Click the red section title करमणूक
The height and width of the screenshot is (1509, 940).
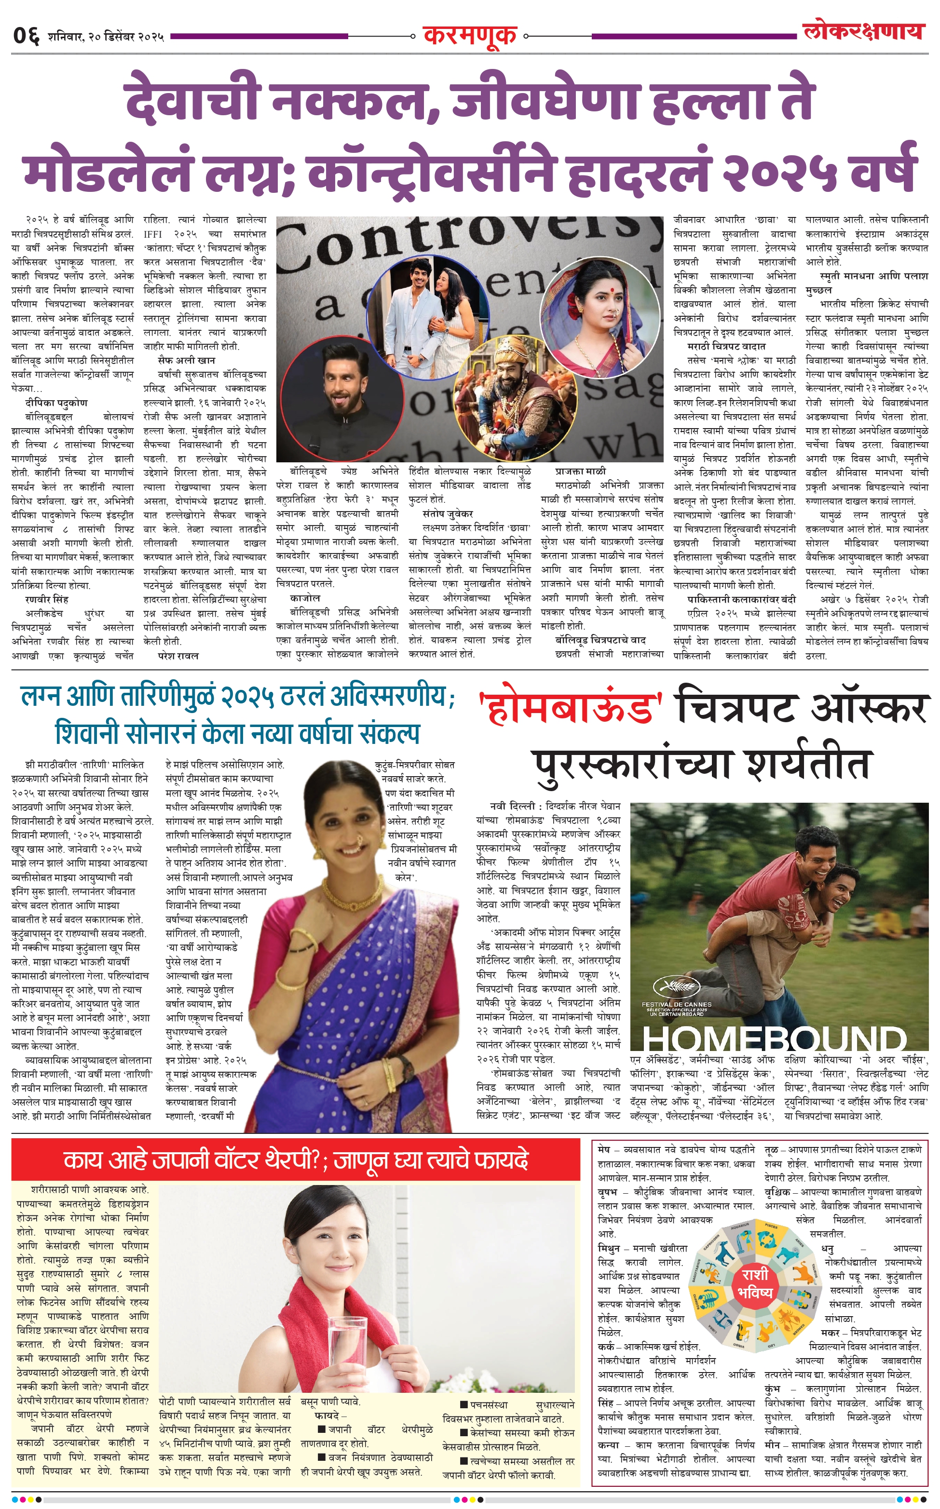pos(469,35)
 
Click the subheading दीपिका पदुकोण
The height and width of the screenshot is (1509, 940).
pos(56,403)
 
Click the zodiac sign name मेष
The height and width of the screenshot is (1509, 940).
pos(604,1150)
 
